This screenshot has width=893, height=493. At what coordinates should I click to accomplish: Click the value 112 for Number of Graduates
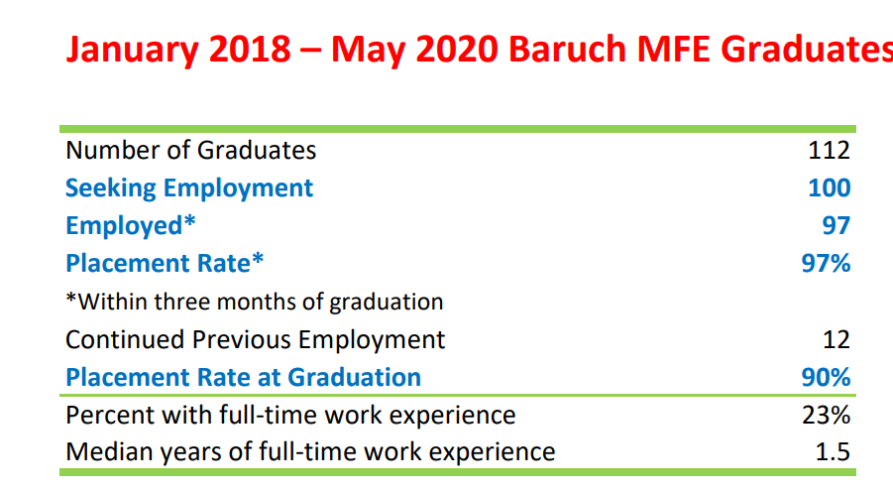tap(830, 150)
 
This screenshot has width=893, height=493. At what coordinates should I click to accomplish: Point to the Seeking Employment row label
tap(189, 188)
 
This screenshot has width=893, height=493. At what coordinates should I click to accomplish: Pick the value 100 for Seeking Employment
tap(830, 187)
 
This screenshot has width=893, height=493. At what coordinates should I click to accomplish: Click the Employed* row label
tap(131, 226)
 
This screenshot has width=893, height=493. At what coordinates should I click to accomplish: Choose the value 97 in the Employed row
tap(837, 225)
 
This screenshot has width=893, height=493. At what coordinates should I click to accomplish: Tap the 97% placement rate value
tap(826, 263)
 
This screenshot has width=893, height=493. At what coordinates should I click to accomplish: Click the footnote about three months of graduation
tap(254, 302)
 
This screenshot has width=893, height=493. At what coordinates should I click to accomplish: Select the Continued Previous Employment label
tap(255, 339)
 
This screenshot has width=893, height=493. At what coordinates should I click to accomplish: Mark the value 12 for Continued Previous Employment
tap(837, 339)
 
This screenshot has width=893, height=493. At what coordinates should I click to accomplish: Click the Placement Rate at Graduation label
tap(243, 377)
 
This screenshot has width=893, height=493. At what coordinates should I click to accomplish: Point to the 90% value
tap(826, 377)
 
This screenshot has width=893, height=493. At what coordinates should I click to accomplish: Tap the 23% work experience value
tap(827, 415)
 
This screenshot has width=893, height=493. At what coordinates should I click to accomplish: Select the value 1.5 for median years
tap(833, 452)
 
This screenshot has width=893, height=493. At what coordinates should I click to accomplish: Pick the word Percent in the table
tap(110, 415)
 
